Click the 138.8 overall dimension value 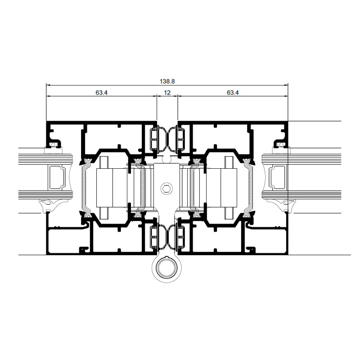pyautogui.click(x=167, y=81)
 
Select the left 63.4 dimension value pyautogui.click(x=102, y=93)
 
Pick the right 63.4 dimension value pyautogui.click(x=233, y=93)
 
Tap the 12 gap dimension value pyautogui.click(x=167, y=93)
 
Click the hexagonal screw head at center pyautogui.click(x=166, y=189)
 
